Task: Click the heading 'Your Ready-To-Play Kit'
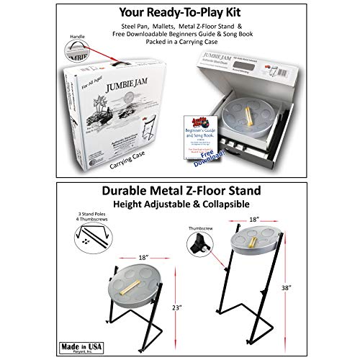179,13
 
